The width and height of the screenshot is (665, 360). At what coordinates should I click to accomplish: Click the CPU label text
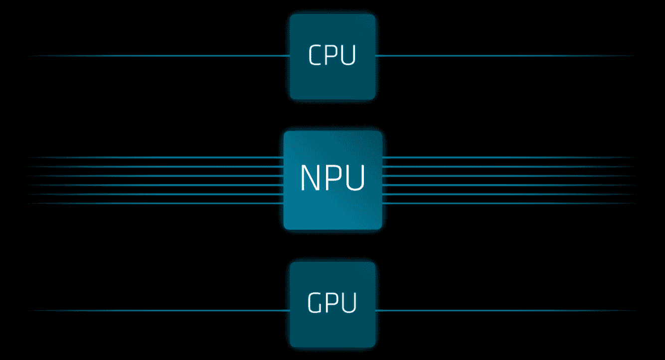(332, 56)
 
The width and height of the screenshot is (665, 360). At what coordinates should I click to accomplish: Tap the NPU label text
(332, 178)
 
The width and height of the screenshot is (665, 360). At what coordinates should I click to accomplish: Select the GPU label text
(332, 303)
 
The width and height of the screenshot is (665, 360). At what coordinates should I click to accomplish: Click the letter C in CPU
(316, 56)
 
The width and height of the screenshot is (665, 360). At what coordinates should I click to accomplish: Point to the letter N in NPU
(310, 178)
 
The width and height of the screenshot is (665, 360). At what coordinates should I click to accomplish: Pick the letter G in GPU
(315, 303)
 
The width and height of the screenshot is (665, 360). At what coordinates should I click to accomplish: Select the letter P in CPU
(332, 56)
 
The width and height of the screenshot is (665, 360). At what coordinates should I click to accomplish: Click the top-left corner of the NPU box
(286, 133)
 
